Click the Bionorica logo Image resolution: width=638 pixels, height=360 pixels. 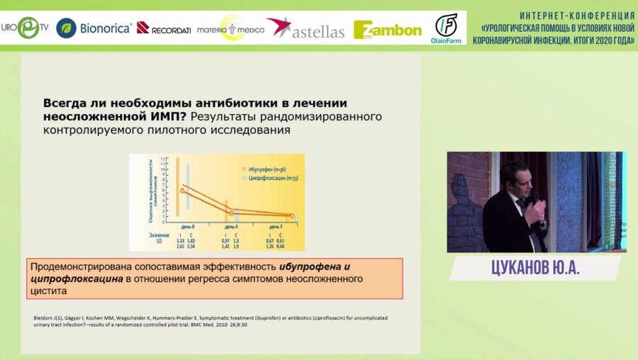coord(94,28)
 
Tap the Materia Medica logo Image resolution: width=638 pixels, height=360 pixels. coord(230,28)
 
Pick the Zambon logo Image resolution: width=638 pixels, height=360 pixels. coord(387,29)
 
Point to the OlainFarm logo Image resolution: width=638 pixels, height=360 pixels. coord(446,28)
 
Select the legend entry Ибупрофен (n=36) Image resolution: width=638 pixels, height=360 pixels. coord(266,169)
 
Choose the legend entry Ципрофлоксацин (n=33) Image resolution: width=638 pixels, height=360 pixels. coord(270,178)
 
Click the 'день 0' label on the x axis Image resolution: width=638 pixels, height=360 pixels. coord(187,223)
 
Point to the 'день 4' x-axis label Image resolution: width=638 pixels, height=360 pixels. coord(231,223)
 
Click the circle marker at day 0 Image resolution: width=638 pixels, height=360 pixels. coord(182,191)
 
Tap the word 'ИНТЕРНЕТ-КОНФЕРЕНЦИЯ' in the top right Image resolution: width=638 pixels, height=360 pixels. coord(576,15)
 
